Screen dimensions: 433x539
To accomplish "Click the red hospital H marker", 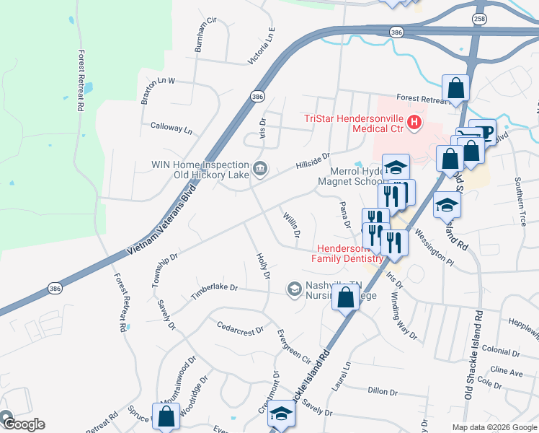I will pos(414,123).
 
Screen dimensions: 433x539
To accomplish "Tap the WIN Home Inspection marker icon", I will pos(260,170).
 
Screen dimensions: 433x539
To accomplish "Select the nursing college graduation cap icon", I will pos(294,289).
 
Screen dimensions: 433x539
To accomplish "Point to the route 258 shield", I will pos(479,18).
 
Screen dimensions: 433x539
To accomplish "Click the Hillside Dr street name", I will pos(312,161).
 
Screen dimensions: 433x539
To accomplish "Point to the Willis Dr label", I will pos(291,225).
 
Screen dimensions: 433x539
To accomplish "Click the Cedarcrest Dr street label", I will pos(241,328).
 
